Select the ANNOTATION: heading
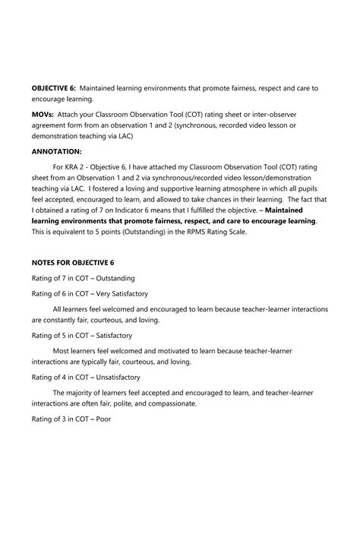coord(59,150)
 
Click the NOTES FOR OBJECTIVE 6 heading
coord(73,262)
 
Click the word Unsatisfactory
coord(118,377)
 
